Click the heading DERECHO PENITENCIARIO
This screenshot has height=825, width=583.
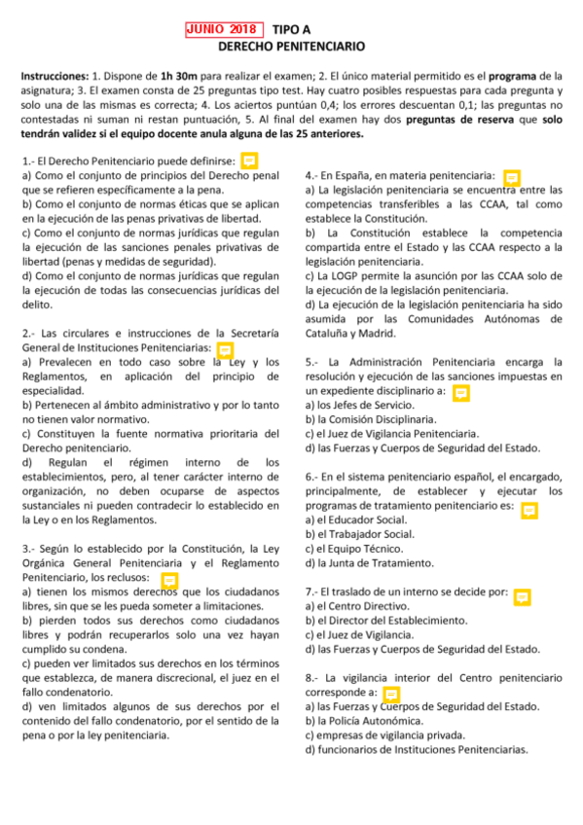click(291, 46)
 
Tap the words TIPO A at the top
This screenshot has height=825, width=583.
click(293, 29)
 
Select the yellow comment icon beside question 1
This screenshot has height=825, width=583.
click(249, 160)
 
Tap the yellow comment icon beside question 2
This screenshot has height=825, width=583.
click(224, 348)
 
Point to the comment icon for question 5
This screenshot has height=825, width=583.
click(461, 392)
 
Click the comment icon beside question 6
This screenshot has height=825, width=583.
click(528, 509)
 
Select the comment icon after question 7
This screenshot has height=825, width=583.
click(522, 595)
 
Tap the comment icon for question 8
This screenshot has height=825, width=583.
click(391, 694)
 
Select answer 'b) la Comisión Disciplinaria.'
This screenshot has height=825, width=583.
click(368, 419)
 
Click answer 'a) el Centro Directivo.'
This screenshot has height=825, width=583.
click(356, 606)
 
